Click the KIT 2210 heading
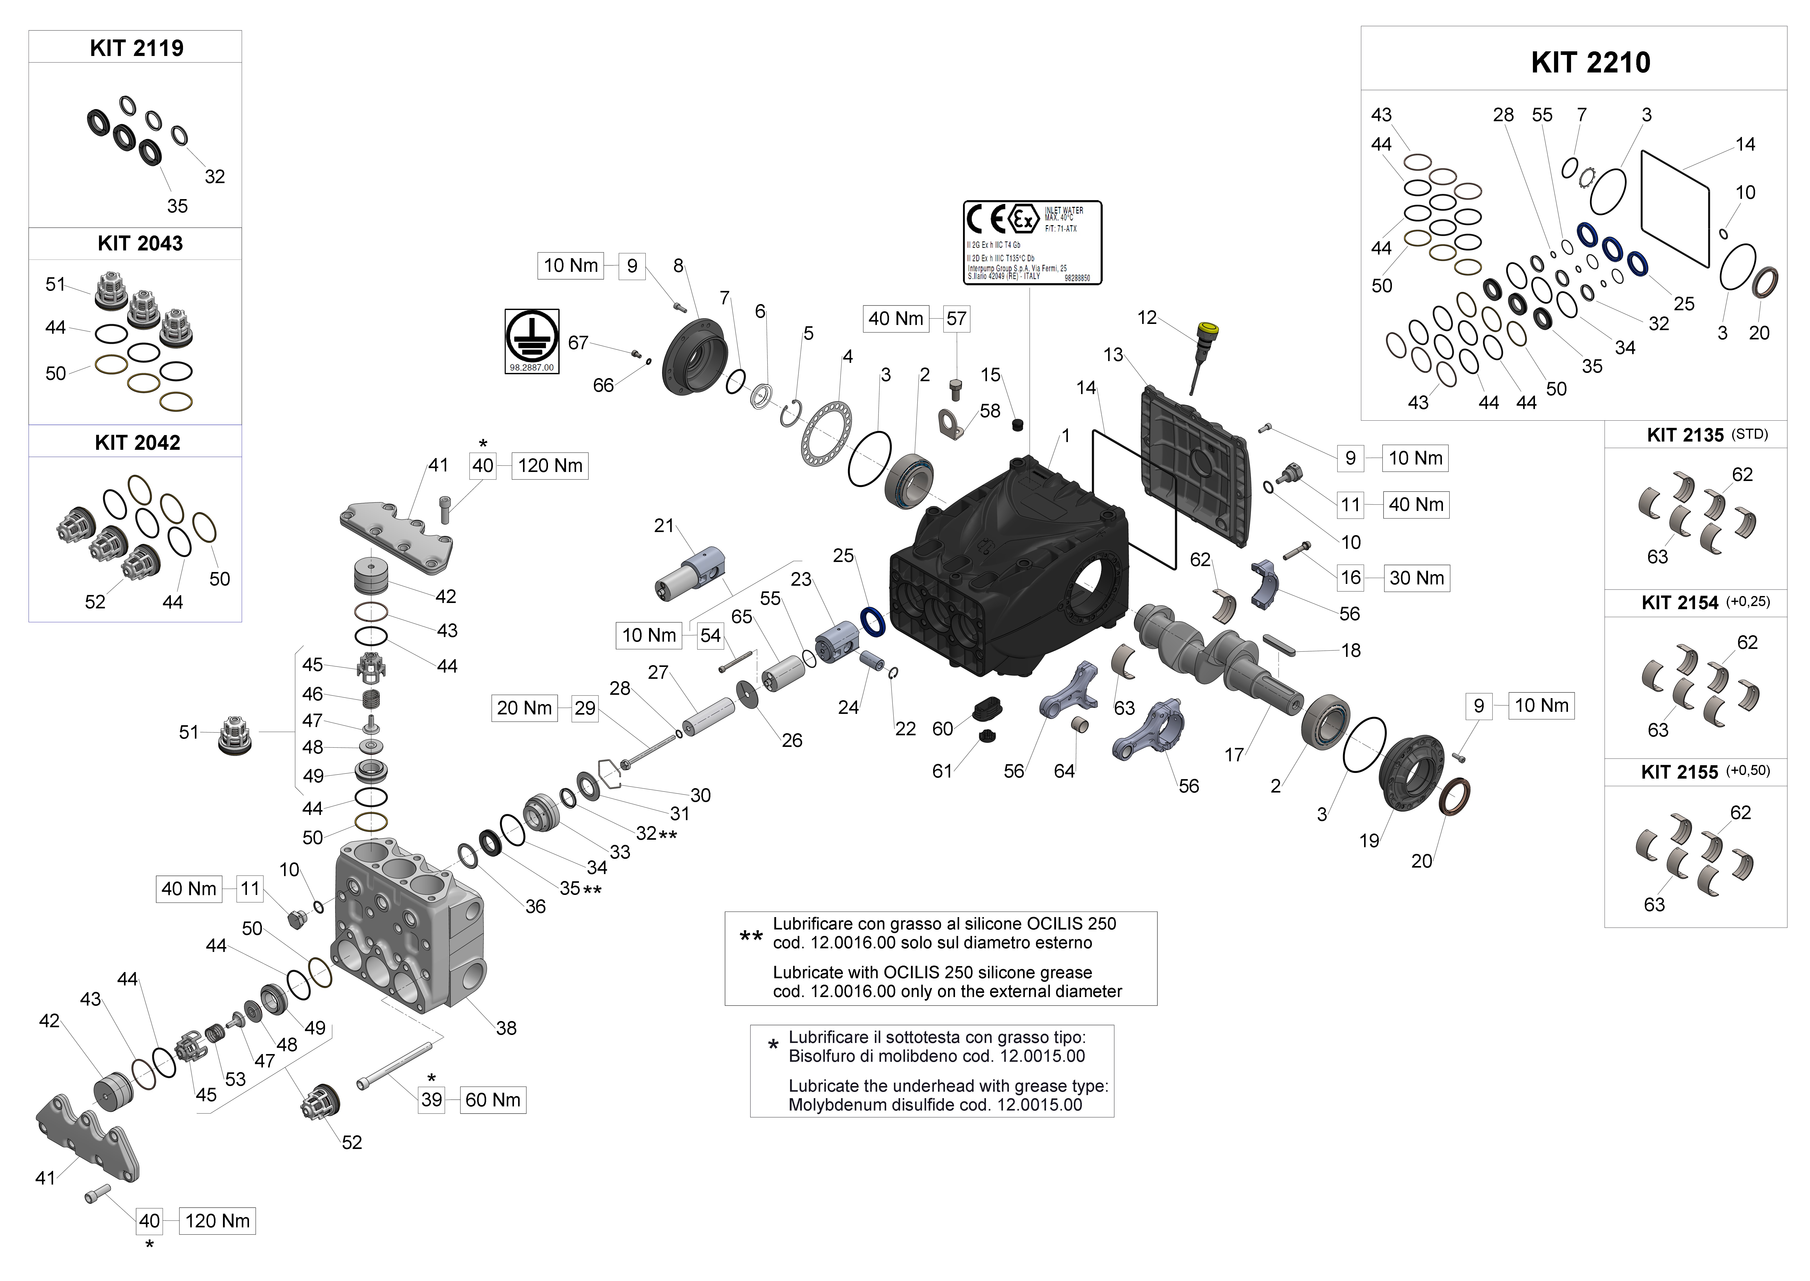pos(1590,62)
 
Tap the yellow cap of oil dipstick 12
pos(1207,328)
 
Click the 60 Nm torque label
pos(493,1100)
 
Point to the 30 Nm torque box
pos(1417,578)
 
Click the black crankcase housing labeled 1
pos(1009,568)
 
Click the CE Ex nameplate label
pos(1032,242)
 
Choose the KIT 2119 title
pos(136,48)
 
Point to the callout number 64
pos(1064,771)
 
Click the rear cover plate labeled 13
pos(1194,466)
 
